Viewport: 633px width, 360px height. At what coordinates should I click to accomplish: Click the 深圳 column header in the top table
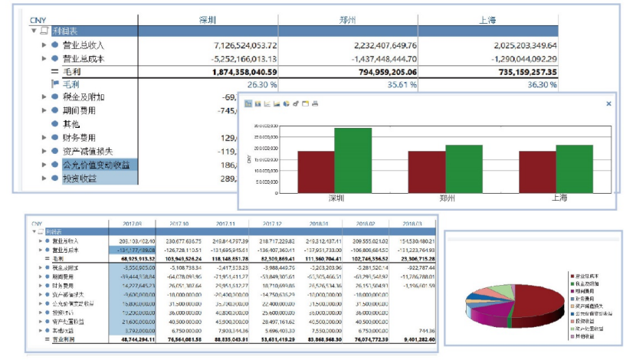(208, 21)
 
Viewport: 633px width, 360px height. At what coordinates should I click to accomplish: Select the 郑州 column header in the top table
(348, 21)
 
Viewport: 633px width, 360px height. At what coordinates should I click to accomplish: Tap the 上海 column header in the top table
(488, 21)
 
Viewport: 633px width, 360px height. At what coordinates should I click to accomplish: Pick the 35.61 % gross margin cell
(396, 84)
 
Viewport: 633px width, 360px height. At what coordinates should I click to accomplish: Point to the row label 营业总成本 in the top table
(84, 58)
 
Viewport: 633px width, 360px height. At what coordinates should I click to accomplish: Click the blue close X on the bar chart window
(608, 103)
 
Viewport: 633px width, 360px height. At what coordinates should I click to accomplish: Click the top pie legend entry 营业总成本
(589, 273)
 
